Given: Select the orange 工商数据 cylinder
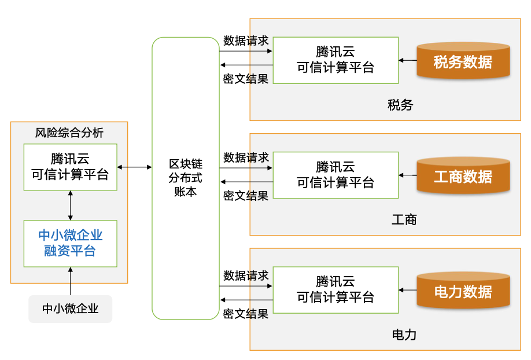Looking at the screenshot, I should tap(463, 176).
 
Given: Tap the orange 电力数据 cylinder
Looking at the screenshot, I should tap(463, 291).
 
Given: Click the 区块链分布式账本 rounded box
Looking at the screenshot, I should tap(186, 178).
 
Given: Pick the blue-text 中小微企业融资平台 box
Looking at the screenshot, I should tap(70, 243).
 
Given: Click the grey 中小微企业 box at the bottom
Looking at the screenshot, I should tap(70, 308).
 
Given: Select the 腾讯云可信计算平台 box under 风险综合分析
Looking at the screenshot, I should tap(70, 167).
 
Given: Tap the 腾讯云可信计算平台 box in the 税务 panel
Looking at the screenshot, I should tap(335, 60).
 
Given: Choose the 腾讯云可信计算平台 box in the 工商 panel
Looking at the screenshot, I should tap(335, 175).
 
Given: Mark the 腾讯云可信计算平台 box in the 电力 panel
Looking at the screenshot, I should tap(335, 289).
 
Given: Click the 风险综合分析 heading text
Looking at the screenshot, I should tap(69, 133).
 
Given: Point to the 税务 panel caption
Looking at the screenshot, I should tap(400, 105).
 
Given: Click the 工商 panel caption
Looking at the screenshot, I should tap(404, 220).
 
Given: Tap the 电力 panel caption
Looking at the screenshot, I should tap(404, 335).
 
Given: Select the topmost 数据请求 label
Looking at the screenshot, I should tap(246, 41).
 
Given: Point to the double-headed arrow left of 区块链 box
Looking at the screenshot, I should tap(134, 167).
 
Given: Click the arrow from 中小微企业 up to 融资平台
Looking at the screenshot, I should tap(71, 281).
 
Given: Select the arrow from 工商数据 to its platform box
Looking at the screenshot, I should tap(408, 175).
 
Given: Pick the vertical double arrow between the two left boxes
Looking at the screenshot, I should tap(71, 205).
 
